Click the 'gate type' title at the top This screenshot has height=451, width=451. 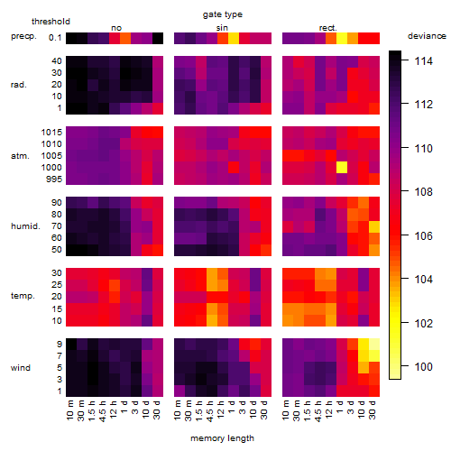(x=223, y=14)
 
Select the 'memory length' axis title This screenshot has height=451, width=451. (x=222, y=438)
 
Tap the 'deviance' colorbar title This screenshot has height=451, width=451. (x=427, y=36)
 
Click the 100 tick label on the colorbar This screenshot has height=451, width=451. (x=424, y=367)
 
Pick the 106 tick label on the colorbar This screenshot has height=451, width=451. (x=424, y=236)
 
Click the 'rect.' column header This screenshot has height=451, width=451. (x=328, y=28)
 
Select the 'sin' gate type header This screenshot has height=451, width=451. (x=222, y=28)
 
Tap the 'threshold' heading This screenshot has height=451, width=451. (x=51, y=22)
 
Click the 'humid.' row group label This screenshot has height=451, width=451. (x=25, y=226)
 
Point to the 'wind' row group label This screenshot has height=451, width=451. (x=21, y=368)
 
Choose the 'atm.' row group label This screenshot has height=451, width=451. (x=20, y=156)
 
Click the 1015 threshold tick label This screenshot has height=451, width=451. (x=51, y=133)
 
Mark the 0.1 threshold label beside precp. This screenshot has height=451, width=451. (x=55, y=38)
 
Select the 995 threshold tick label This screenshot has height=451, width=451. (x=54, y=179)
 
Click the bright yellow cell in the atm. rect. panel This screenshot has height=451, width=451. (x=342, y=168)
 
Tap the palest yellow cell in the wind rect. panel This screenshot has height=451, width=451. (x=374, y=345)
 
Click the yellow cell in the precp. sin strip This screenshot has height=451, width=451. (x=234, y=38)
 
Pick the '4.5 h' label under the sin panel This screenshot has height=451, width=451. (x=210, y=410)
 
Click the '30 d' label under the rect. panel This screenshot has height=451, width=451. (x=373, y=410)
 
